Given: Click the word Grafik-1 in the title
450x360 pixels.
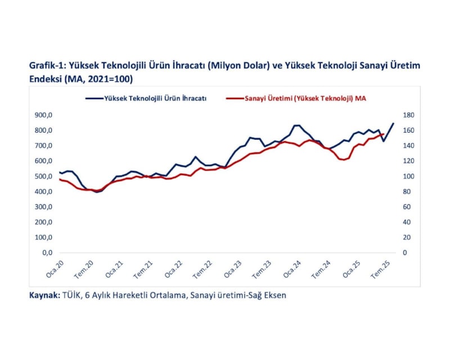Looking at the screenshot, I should click(x=47, y=65).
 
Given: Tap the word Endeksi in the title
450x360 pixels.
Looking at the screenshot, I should click(x=47, y=78).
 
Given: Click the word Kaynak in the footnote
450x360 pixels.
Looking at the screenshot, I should click(x=42, y=295).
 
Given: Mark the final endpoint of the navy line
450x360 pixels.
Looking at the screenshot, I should click(x=393, y=123).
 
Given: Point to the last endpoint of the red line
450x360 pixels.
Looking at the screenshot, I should click(x=384, y=134).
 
